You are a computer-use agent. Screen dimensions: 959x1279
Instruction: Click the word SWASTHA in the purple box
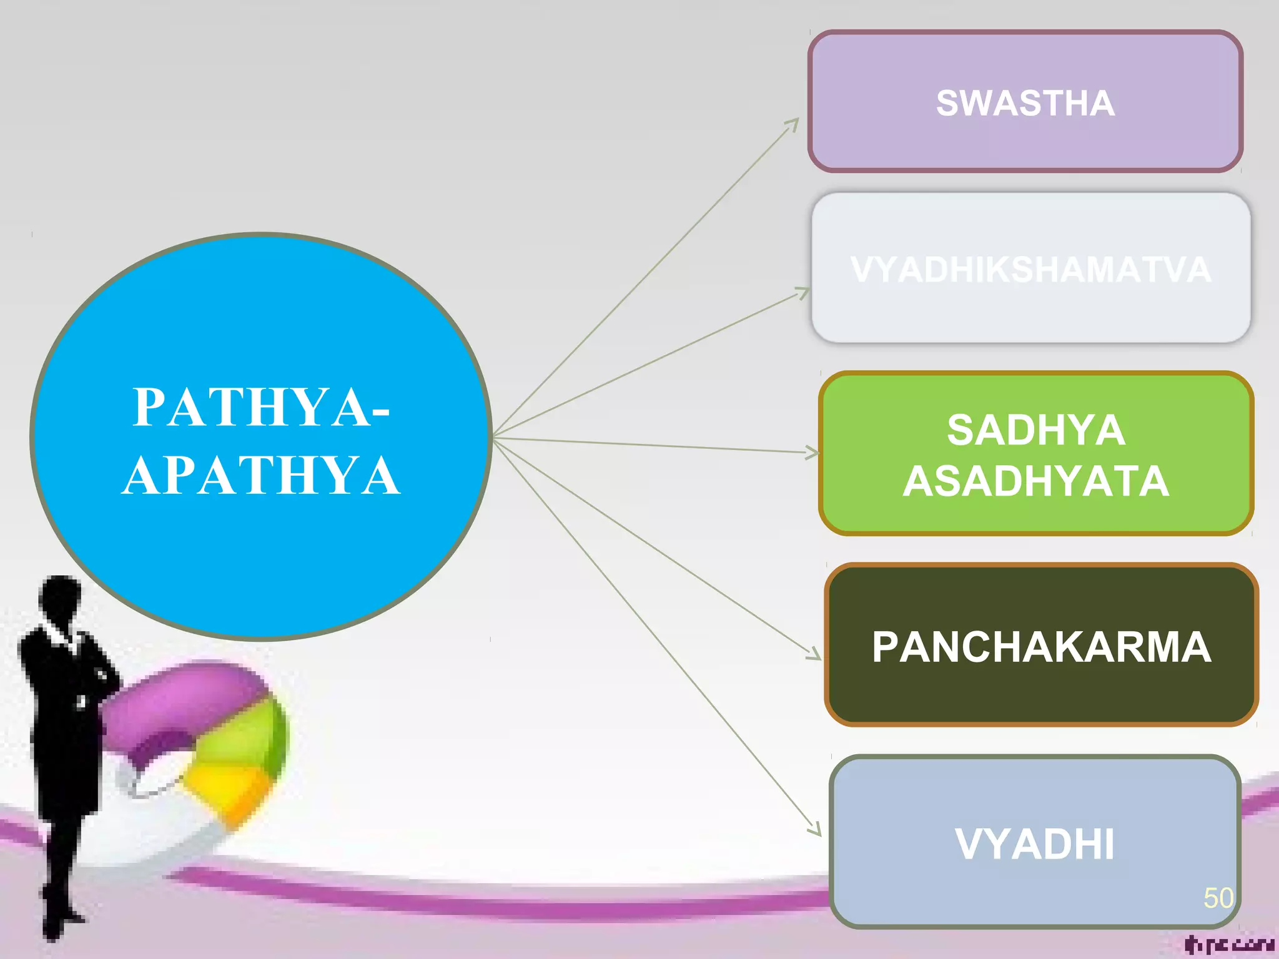tap(1025, 103)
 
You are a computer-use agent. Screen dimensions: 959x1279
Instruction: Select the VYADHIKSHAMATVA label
tap(1030, 270)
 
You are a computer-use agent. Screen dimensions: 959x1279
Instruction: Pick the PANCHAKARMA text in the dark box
tap(1041, 647)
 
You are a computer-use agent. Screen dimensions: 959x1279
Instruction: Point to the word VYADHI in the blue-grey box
tap(1034, 844)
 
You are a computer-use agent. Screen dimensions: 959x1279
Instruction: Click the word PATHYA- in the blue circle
tap(261, 407)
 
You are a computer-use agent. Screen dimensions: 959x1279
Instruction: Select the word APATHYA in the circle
tap(261, 476)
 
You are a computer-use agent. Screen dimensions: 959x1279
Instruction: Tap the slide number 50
tap(1218, 898)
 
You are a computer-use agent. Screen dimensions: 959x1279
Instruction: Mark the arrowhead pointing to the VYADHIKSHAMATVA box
tap(803, 292)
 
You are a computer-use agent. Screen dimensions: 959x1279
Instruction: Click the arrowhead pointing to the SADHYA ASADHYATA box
tap(812, 453)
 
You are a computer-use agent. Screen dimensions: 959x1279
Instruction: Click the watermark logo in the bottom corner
tap(1228, 945)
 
